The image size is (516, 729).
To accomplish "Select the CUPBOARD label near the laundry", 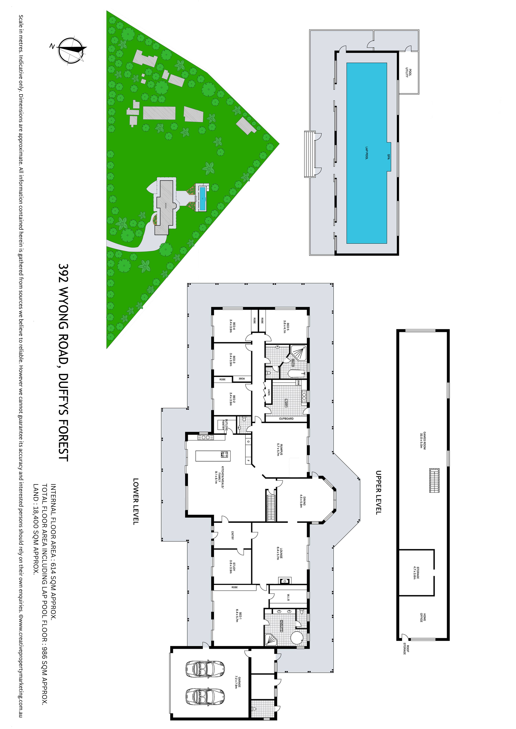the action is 286,419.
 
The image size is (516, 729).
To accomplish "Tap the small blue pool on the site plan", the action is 202,198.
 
